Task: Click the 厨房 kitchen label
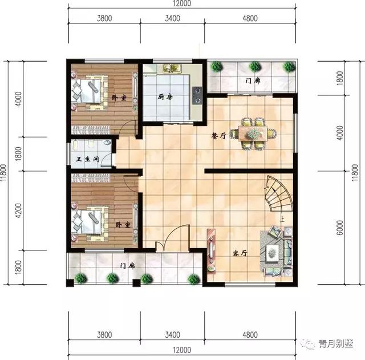[x=165, y=97]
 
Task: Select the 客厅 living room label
[x=240, y=252]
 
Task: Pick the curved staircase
[x=279, y=194]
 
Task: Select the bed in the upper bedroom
[x=89, y=91]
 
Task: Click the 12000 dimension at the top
[x=182, y=4]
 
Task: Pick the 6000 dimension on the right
[x=340, y=226]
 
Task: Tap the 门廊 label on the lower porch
[x=128, y=265]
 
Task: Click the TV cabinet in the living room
[x=211, y=251]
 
